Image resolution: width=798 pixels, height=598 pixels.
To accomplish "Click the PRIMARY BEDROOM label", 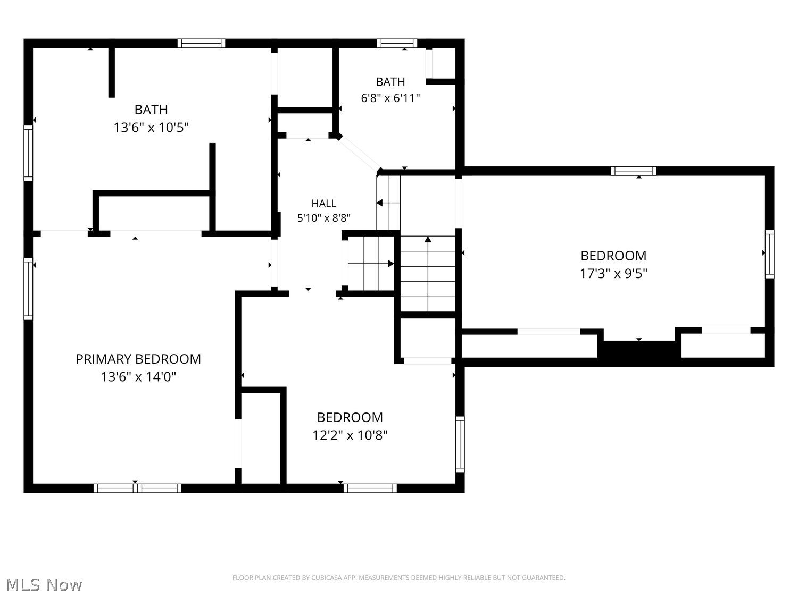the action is (138, 359).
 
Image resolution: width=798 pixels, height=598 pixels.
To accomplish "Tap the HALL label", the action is (323, 204).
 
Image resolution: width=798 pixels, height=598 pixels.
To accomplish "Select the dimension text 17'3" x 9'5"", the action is (613, 273).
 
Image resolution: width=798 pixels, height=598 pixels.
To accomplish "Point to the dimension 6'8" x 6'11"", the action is (390, 98).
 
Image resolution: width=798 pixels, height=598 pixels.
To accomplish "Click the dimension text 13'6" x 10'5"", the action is (151, 128).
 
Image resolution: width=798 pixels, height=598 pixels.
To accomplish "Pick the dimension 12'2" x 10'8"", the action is (350, 435).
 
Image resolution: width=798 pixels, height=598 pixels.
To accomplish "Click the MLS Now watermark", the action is (44, 585).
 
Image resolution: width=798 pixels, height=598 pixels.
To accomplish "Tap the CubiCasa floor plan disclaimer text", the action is (399, 578).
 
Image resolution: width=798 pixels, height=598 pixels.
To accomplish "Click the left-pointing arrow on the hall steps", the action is (388, 203).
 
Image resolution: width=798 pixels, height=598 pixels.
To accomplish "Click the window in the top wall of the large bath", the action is (201, 43).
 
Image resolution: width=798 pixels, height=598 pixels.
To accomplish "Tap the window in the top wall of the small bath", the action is (397, 43).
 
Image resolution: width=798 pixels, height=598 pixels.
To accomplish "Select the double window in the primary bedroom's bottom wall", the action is (137, 488).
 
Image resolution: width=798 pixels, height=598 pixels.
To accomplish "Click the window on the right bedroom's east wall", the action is (769, 254).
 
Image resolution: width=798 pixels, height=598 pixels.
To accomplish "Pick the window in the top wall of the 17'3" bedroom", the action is (633, 171).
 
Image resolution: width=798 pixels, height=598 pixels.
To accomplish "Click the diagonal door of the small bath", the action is (359, 154).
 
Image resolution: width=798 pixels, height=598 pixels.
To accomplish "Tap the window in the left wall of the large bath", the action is (28, 153).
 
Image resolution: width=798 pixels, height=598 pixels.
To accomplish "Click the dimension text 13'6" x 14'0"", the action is (138, 377).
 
